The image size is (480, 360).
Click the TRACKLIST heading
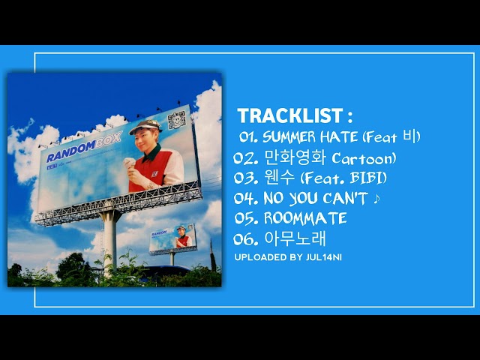click(x=295, y=116)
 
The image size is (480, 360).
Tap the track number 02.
click(x=245, y=158)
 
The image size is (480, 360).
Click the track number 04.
click(x=245, y=199)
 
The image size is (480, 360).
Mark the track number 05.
click(x=245, y=219)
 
